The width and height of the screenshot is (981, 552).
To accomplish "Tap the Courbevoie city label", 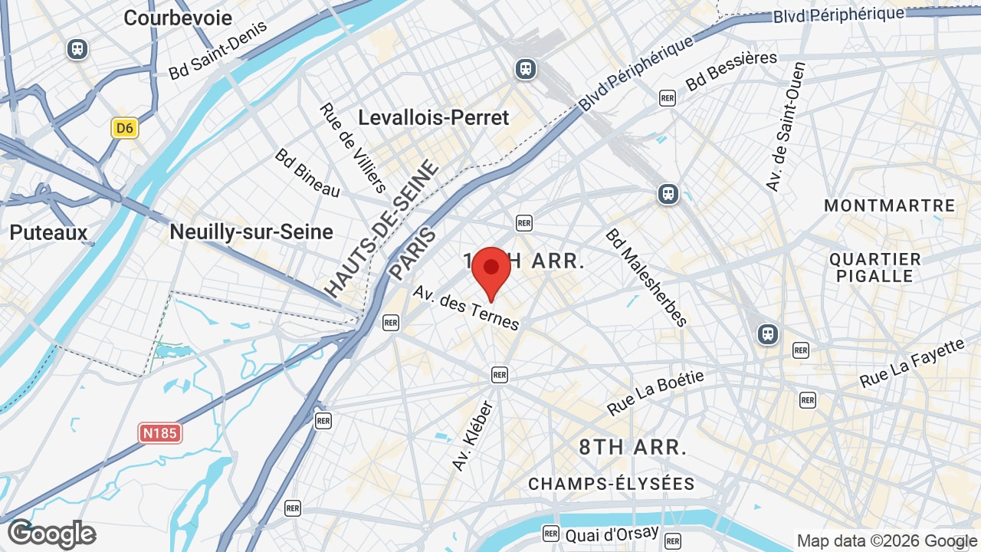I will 178,18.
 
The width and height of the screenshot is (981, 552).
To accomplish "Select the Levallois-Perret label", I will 434,118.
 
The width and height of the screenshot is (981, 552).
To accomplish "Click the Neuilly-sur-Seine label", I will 251,232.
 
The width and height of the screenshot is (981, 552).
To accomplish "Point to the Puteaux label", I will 49,232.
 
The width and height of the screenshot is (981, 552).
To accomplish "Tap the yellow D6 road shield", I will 124,128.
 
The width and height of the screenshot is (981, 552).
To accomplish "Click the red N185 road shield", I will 160,433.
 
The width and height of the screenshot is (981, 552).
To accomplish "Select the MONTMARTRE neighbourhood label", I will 889,205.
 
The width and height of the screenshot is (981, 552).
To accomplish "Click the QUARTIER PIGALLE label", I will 874,268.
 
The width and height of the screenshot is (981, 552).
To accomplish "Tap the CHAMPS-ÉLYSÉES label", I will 611,484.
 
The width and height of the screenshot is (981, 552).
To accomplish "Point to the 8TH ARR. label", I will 632,447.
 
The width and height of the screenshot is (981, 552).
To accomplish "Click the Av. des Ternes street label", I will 466,307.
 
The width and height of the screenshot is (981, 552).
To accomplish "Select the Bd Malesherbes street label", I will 646,278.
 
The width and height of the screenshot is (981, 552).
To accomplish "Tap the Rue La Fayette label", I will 911,363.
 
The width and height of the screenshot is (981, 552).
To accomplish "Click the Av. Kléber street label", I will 472,436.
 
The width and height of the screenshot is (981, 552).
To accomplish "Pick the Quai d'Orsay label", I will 612,534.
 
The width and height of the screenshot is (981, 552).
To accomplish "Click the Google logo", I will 51,534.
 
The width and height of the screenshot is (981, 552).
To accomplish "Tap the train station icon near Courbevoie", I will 77,49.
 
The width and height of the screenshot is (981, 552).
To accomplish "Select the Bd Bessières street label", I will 731,71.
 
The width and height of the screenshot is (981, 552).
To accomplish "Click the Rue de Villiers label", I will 353,147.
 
